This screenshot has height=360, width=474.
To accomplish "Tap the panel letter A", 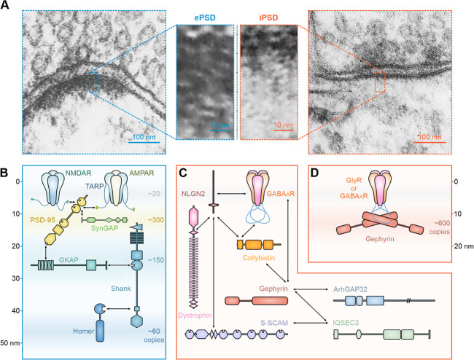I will click(6, 6).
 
